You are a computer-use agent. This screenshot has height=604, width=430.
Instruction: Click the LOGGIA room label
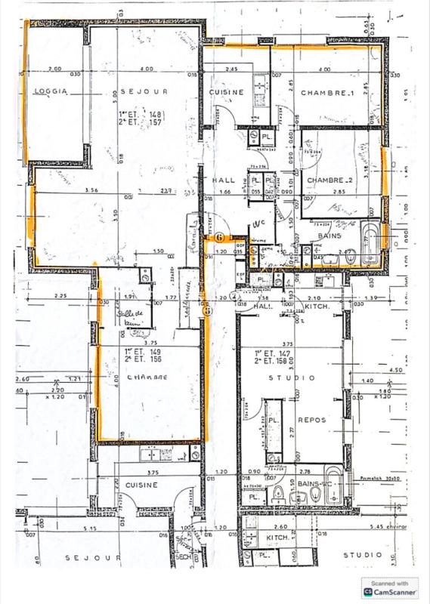[x=51, y=91]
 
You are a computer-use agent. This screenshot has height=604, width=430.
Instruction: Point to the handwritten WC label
[x=258, y=224]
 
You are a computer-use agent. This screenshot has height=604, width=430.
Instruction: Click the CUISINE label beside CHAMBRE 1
[x=227, y=92]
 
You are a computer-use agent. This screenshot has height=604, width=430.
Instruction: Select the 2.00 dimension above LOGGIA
[x=54, y=69]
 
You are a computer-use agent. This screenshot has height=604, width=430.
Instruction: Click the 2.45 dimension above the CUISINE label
[x=231, y=69]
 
